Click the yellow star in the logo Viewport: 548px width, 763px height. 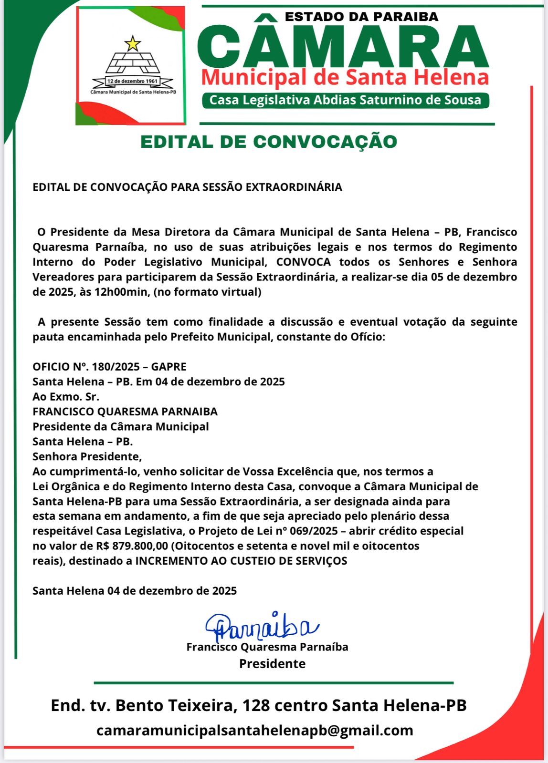[133, 43]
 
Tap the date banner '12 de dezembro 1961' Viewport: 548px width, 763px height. [132, 82]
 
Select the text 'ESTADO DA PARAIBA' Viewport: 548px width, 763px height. [361, 17]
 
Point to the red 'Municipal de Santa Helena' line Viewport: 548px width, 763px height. [345, 78]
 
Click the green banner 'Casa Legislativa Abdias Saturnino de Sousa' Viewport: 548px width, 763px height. [345, 100]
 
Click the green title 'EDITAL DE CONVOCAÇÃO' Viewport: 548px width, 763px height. [269, 142]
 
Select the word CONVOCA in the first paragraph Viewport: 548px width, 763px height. [303, 262]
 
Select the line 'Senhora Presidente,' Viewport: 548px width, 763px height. [87, 456]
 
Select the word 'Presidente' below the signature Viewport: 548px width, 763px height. [272, 663]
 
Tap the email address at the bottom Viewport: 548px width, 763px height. [254, 730]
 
